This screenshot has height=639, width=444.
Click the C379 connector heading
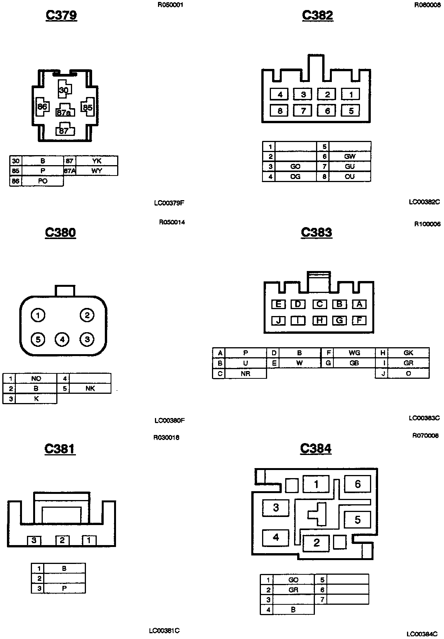(61, 15)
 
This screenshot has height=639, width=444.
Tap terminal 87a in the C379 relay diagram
(64, 112)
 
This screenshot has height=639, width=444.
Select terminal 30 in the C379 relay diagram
(64, 90)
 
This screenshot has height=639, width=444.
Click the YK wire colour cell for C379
(97, 161)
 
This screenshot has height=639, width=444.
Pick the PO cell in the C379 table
(42, 181)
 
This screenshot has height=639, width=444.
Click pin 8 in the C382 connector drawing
(280, 111)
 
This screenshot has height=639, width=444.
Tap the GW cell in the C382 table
(350, 156)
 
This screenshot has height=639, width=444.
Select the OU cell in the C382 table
(350, 177)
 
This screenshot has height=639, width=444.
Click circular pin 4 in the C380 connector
(62, 339)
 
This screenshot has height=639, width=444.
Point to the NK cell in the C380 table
(90, 388)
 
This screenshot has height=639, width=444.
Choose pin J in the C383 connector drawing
(278, 320)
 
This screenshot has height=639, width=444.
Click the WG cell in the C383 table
(354, 353)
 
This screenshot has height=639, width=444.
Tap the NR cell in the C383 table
(246, 373)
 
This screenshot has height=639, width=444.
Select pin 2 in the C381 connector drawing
(62, 540)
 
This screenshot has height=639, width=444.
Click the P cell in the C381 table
(64, 588)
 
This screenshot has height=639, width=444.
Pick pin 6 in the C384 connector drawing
(357, 484)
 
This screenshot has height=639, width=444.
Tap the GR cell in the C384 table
(293, 590)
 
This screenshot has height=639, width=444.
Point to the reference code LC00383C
(424, 418)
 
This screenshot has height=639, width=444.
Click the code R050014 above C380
(172, 222)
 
